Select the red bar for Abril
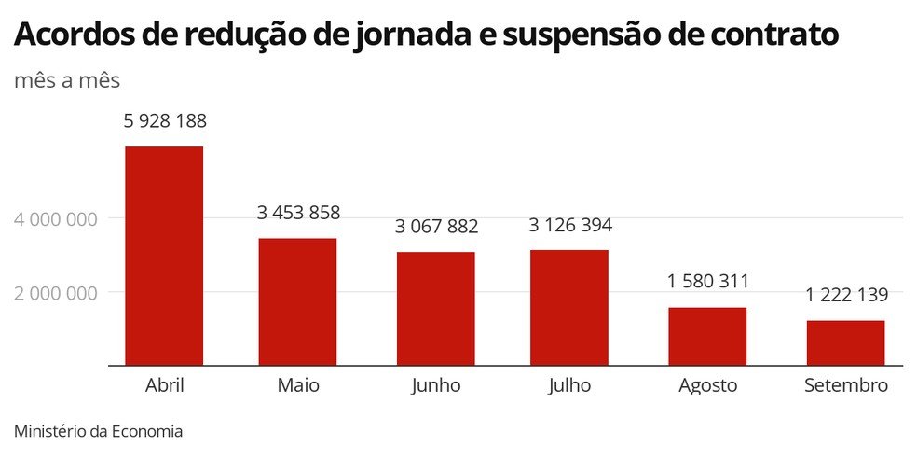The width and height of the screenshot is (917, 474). pyautogui.click(x=164, y=256)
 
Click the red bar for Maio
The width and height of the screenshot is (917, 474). pyautogui.click(x=297, y=301)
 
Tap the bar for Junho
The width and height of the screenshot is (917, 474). pyautogui.click(x=435, y=308)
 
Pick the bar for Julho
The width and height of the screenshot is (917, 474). pyautogui.click(x=568, y=307)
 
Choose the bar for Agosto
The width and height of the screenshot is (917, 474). pyautogui.click(x=707, y=336)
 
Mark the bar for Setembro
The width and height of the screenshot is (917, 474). pyautogui.click(x=845, y=342)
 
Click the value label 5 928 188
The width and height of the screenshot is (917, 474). pyautogui.click(x=165, y=121)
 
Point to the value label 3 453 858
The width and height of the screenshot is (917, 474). pyautogui.click(x=298, y=213)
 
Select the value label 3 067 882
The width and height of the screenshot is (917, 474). pyautogui.click(x=436, y=227)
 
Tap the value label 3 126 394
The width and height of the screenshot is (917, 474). pyautogui.click(x=569, y=225)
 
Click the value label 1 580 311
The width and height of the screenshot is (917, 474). pyautogui.click(x=707, y=282)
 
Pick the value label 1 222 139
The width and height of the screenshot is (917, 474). pyautogui.click(x=846, y=295)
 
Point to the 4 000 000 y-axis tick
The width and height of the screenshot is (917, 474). pyautogui.click(x=56, y=219)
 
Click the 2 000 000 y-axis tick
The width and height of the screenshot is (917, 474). pyautogui.click(x=56, y=293)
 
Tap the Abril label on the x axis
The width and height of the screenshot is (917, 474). pyautogui.click(x=165, y=385)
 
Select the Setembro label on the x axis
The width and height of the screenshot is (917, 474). pyautogui.click(x=846, y=385)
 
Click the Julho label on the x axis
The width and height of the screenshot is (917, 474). pyautogui.click(x=569, y=386)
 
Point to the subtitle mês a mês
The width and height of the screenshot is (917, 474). pyautogui.click(x=67, y=81)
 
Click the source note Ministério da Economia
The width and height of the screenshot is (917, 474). pyautogui.click(x=99, y=432)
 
